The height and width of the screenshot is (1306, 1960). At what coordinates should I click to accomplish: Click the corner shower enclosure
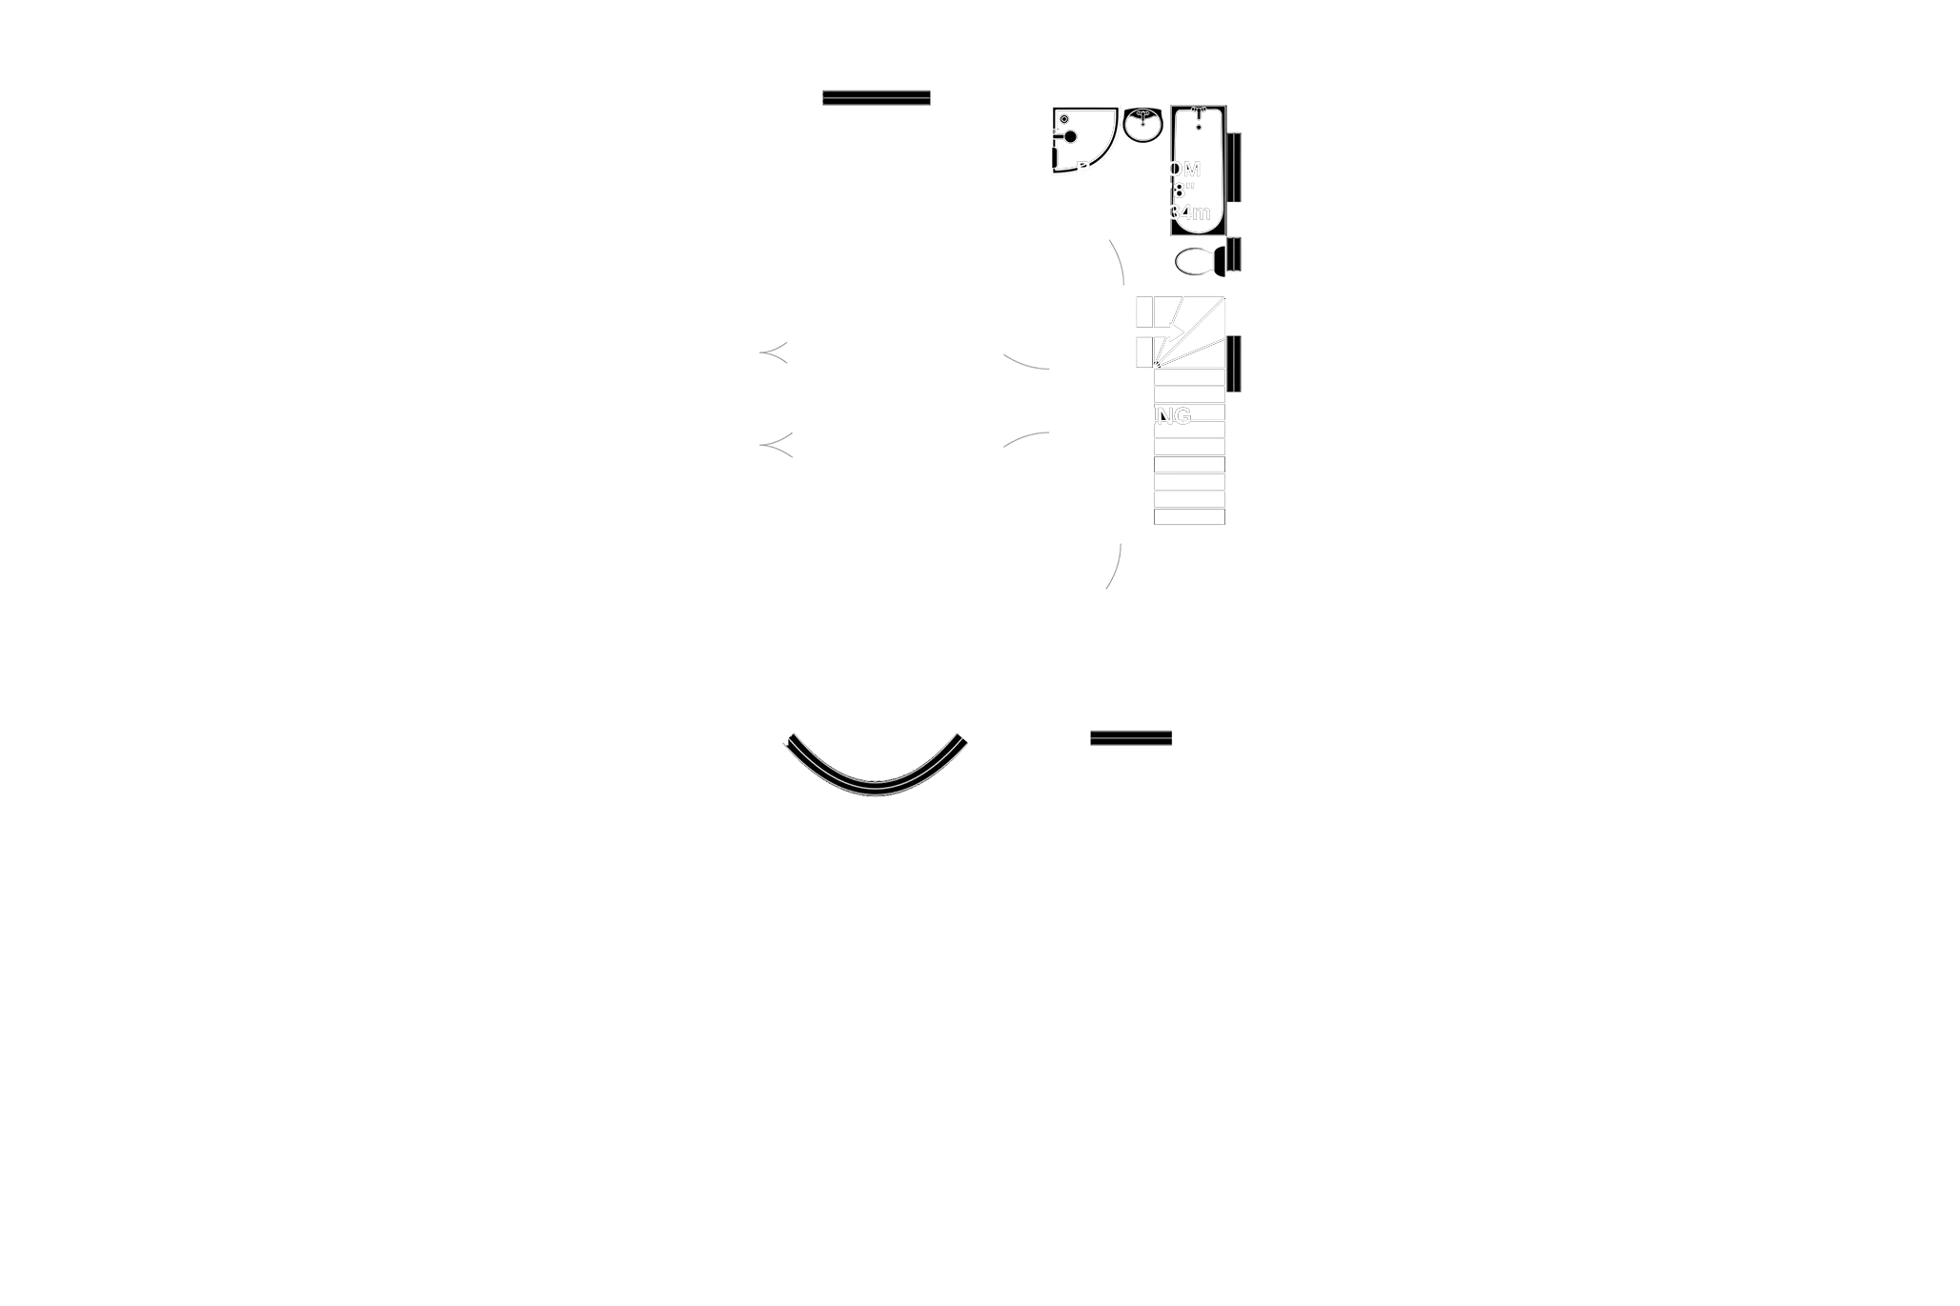(1081, 141)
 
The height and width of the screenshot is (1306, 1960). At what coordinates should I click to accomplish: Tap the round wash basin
(1142, 125)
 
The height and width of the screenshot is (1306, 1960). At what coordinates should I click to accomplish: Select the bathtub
(1197, 171)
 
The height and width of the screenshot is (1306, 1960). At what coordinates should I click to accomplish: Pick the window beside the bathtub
(1234, 167)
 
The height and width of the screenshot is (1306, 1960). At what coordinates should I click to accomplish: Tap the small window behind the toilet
(1235, 257)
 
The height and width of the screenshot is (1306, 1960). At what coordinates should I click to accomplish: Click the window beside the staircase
(1235, 363)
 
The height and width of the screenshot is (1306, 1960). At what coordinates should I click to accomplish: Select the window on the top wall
(876, 95)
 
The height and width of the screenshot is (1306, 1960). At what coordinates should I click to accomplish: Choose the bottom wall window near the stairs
(1131, 735)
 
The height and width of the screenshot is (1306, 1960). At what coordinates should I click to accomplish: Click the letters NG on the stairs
(1173, 415)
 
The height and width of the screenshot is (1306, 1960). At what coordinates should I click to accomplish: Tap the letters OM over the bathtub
(1184, 170)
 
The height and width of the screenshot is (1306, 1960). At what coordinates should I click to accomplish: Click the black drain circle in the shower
(1070, 137)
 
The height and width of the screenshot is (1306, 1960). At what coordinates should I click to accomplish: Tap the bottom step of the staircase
(1188, 515)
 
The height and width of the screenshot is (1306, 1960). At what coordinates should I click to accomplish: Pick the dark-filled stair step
(1188, 467)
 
